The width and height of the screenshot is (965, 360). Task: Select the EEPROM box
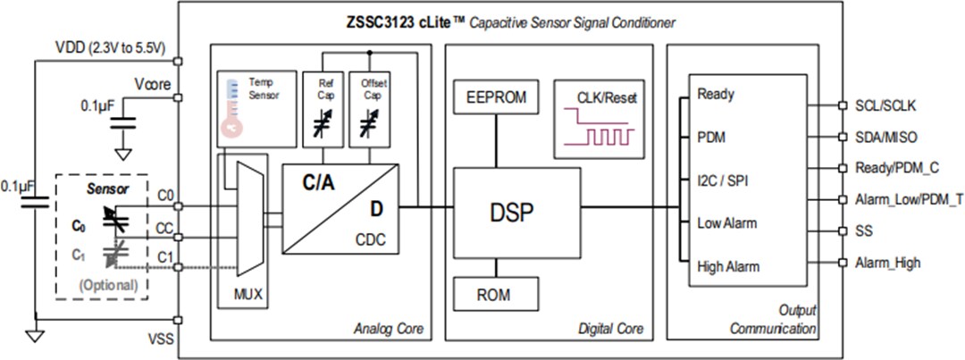pyautogui.click(x=496, y=96)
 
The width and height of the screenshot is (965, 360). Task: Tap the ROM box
pyautogui.click(x=496, y=292)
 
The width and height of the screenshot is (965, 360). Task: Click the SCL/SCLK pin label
pyautogui.click(x=885, y=105)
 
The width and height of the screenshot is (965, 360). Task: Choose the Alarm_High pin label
pyautogui.click(x=887, y=263)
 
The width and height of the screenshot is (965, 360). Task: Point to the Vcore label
pyautogui.click(x=153, y=85)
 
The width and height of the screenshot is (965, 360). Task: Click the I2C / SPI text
pyautogui.click(x=723, y=180)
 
